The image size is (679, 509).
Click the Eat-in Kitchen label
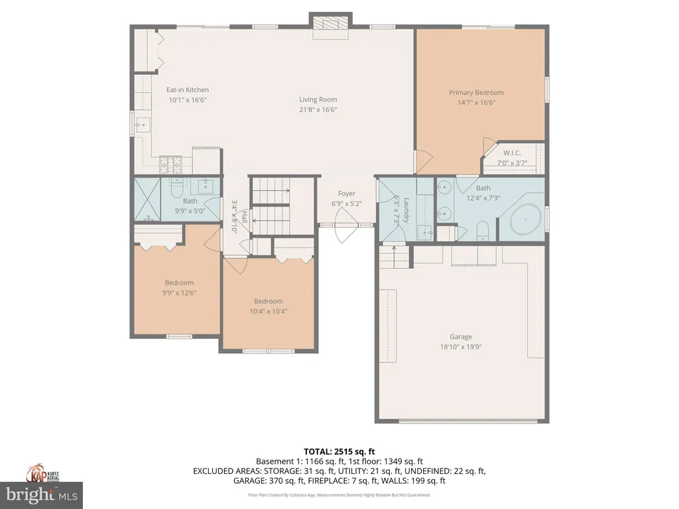pyautogui.click(x=188, y=90)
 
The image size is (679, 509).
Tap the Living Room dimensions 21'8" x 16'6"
pyautogui.click(x=318, y=109)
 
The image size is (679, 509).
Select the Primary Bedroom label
pyautogui.click(x=476, y=93)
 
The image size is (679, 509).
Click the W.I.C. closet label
pyautogui.click(x=512, y=153)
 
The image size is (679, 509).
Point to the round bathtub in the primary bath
pyautogui.click(x=525, y=219)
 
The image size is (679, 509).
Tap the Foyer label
pyautogui.click(x=346, y=194)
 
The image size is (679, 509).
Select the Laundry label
pyautogui.click(x=406, y=210)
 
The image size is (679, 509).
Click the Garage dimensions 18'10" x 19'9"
pyautogui.click(x=461, y=347)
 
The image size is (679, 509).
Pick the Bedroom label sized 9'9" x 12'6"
pyautogui.click(x=179, y=282)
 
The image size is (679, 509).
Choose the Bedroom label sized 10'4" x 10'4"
pyautogui.click(x=268, y=302)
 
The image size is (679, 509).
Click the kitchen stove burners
pyautogui.click(x=170, y=164)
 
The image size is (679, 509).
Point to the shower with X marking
pyautogui.click(x=147, y=199)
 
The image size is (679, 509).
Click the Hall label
pyautogui.click(x=245, y=217)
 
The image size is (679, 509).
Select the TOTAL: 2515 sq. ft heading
pyautogui.click(x=339, y=451)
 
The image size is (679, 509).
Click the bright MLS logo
pyautogui.click(x=41, y=494)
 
